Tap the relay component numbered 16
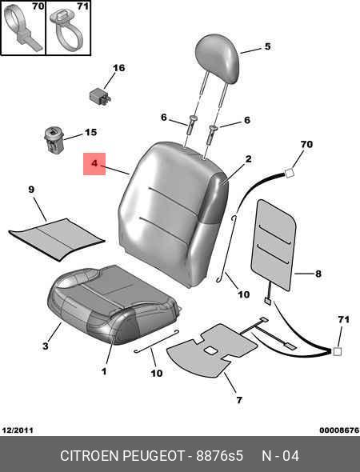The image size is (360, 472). click(x=100, y=96)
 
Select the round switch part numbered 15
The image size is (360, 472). click(x=54, y=139)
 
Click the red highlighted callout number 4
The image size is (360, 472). click(x=94, y=164)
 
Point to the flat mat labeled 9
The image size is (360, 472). click(x=57, y=238)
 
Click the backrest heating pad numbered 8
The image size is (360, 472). click(x=273, y=245)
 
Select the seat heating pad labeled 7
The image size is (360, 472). click(x=212, y=349)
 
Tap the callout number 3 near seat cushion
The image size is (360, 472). click(x=45, y=346)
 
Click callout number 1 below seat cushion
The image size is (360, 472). click(x=104, y=371)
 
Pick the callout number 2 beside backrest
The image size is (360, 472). click(x=248, y=159)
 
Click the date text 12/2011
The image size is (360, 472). click(x=18, y=430)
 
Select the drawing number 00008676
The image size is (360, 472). click(x=339, y=430)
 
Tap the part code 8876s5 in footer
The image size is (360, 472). click(x=220, y=456)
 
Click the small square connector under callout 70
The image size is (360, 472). click(x=289, y=173)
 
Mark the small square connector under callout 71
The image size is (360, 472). click(x=337, y=351)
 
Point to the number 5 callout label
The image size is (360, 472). click(x=267, y=46)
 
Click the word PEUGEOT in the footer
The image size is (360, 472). click(x=154, y=456)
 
